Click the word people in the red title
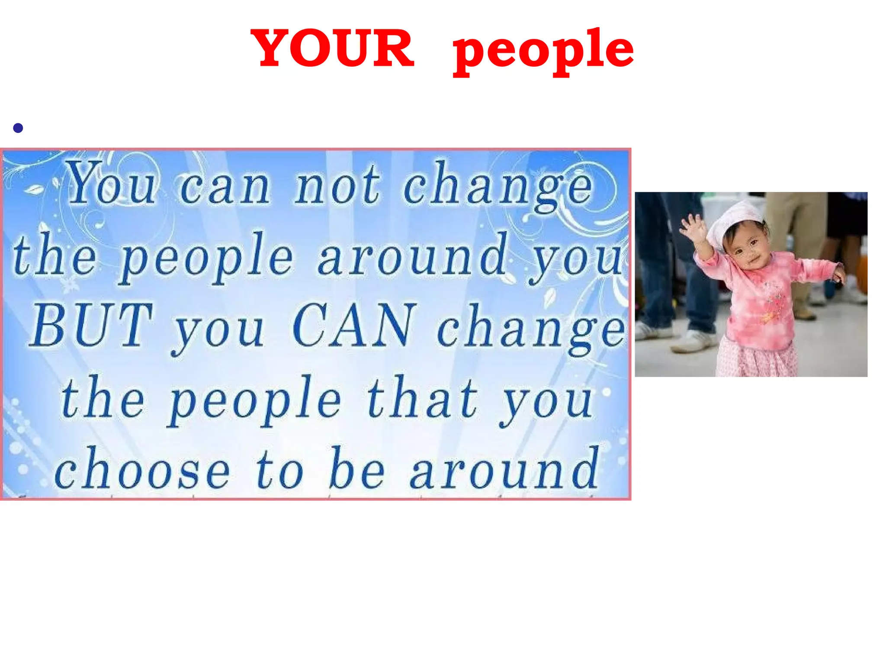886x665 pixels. pyautogui.click(x=543, y=51)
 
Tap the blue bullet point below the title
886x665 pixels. pyautogui.click(x=18, y=128)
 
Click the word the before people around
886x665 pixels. pyautogui.click(x=54, y=255)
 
